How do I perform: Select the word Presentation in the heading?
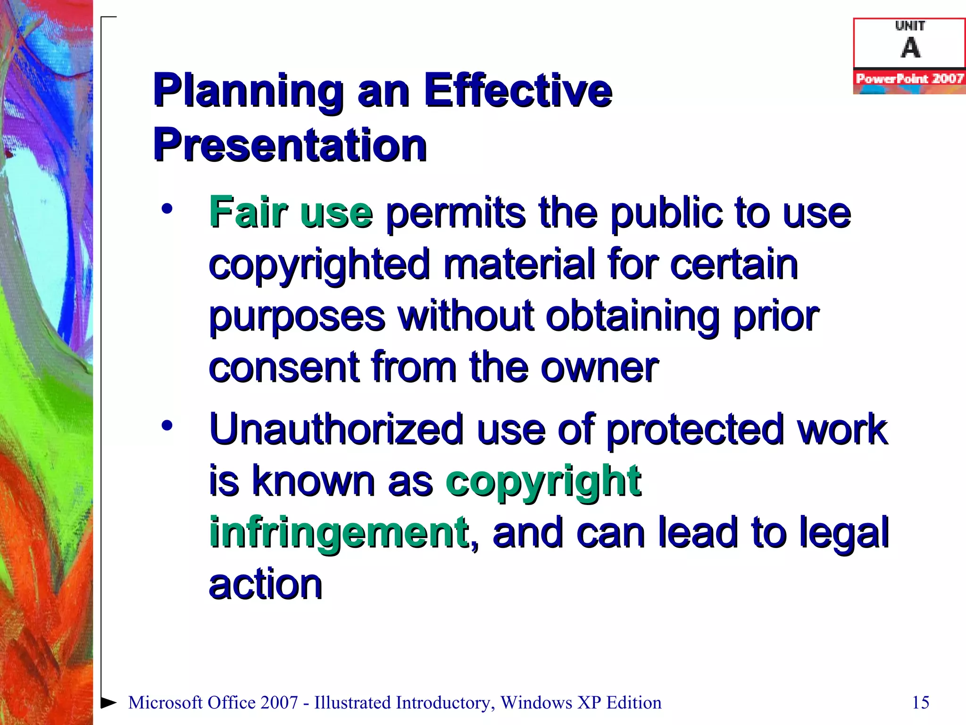(290, 145)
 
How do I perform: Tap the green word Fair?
(248, 212)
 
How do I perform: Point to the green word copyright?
(543, 481)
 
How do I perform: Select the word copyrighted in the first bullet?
(319, 265)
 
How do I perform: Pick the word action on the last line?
(266, 584)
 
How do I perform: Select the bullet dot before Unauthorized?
(167, 426)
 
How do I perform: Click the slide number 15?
(920, 702)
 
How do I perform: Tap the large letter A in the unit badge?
(910, 48)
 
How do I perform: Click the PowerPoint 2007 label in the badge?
(909, 78)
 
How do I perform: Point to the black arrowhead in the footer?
(109, 702)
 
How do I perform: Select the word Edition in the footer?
(633, 702)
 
